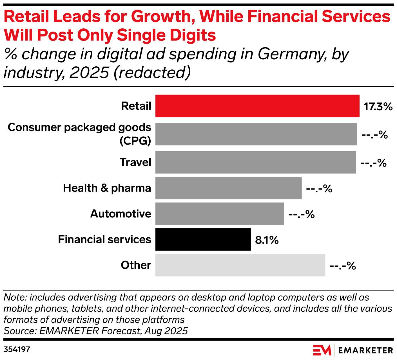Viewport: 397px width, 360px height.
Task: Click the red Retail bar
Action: coord(257,106)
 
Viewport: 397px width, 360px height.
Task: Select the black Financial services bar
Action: coord(203,239)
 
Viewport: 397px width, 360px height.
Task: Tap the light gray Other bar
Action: coord(240,265)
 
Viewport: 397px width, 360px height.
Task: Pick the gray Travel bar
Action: coord(256,162)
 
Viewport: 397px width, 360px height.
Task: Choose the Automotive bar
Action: coord(220,214)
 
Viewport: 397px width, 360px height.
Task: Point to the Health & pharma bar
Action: coord(228,188)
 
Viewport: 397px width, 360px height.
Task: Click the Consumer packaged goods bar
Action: coord(256,134)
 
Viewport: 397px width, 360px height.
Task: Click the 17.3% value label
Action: coord(378,107)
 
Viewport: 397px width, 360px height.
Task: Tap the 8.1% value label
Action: coord(267,240)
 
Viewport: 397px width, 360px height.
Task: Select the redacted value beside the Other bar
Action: coord(343,266)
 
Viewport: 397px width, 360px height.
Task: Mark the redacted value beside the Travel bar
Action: coord(373,163)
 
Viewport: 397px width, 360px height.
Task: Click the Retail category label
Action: coord(136,106)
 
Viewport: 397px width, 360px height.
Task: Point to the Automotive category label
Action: coord(121,214)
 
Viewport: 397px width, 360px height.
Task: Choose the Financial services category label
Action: coord(104,239)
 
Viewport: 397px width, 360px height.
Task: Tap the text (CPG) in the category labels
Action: coord(135,141)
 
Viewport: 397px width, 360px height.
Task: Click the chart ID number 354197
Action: coord(17,350)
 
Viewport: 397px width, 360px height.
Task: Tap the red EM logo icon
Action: coord(322,350)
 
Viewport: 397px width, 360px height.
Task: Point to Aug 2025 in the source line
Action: coord(166,331)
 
